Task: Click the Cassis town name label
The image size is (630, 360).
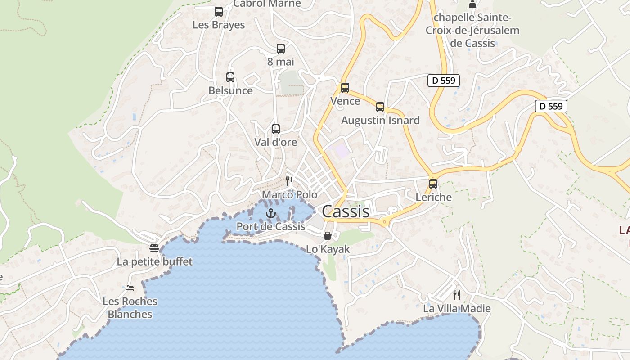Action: (346, 211)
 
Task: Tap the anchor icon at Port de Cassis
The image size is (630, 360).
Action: (270, 213)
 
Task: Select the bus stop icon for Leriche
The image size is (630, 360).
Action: (433, 184)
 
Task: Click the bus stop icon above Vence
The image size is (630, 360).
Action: (345, 88)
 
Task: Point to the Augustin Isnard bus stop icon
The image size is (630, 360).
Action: (380, 107)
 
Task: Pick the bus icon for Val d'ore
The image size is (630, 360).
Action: (276, 129)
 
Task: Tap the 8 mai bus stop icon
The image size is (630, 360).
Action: (281, 49)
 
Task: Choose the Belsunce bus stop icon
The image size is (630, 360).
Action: (230, 77)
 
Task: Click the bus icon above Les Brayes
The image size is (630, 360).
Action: (219, 12)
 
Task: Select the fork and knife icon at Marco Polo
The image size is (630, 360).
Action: (289, 181)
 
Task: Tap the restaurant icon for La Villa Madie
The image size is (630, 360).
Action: (457, 295)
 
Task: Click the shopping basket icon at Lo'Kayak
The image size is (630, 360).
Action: (328, 236)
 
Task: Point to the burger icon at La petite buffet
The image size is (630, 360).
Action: (154, 248)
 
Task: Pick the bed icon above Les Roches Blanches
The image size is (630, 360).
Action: (130, 288)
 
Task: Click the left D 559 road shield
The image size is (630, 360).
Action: (443, 81)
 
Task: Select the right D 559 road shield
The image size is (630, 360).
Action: (551, 106)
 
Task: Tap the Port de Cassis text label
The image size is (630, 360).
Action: (271, 226)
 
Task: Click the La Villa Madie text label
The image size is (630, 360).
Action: (457, 309)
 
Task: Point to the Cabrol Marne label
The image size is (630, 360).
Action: (267, 4)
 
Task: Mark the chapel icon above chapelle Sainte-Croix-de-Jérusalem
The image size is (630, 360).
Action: (472, 4)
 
